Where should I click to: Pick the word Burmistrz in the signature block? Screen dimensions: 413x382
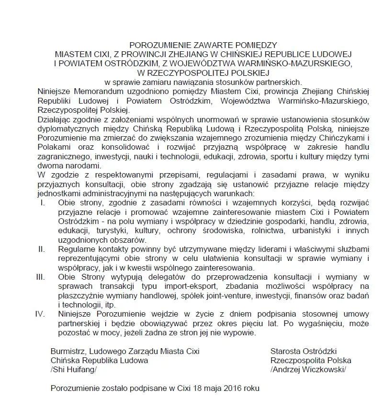click(x=68, y=352)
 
